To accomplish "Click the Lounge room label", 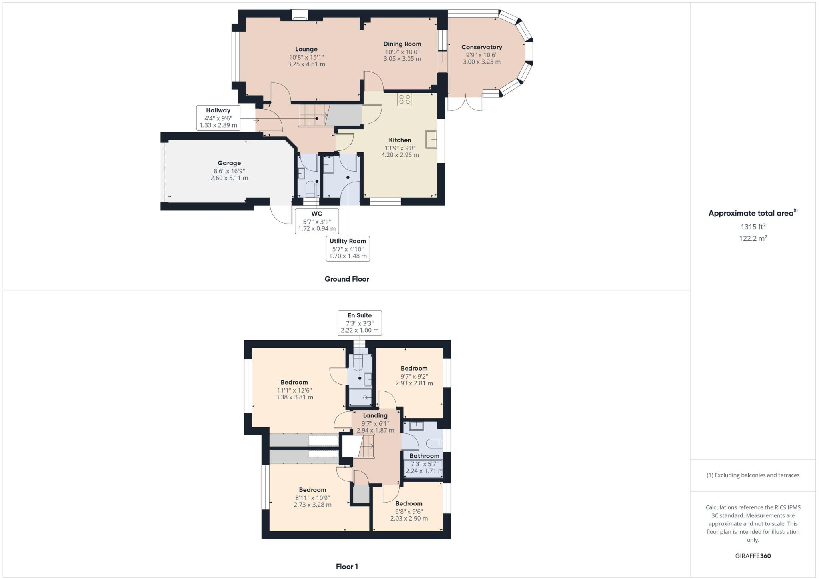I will [x=306, y=50].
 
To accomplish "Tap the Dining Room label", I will [x=402, y=44].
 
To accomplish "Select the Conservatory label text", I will [x=481, y=47].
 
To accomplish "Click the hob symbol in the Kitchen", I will [x=404, y=99].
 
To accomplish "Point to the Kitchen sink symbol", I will [x=431, y=140].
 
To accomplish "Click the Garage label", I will [x=229, y=163].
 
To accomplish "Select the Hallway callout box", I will [x=218, y=118].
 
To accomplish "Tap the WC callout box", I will [x=316, y=221].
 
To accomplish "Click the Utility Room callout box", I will [x=348, y=248].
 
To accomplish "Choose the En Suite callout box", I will [x=360, y=323].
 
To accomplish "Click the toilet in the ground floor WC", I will [x=310, y=188].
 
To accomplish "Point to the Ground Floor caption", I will [x=346, y=279].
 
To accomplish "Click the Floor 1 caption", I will [x=347, y=567].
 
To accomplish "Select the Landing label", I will [x=375, y=416].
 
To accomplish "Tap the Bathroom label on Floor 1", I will [x=424, y=456].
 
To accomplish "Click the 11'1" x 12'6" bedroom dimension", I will [x=294, y=390].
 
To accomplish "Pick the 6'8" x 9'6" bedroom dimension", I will [x=409, y=511].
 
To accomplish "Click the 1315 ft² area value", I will [x=753, y=227].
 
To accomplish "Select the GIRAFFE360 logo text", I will [x=753, y=556].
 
